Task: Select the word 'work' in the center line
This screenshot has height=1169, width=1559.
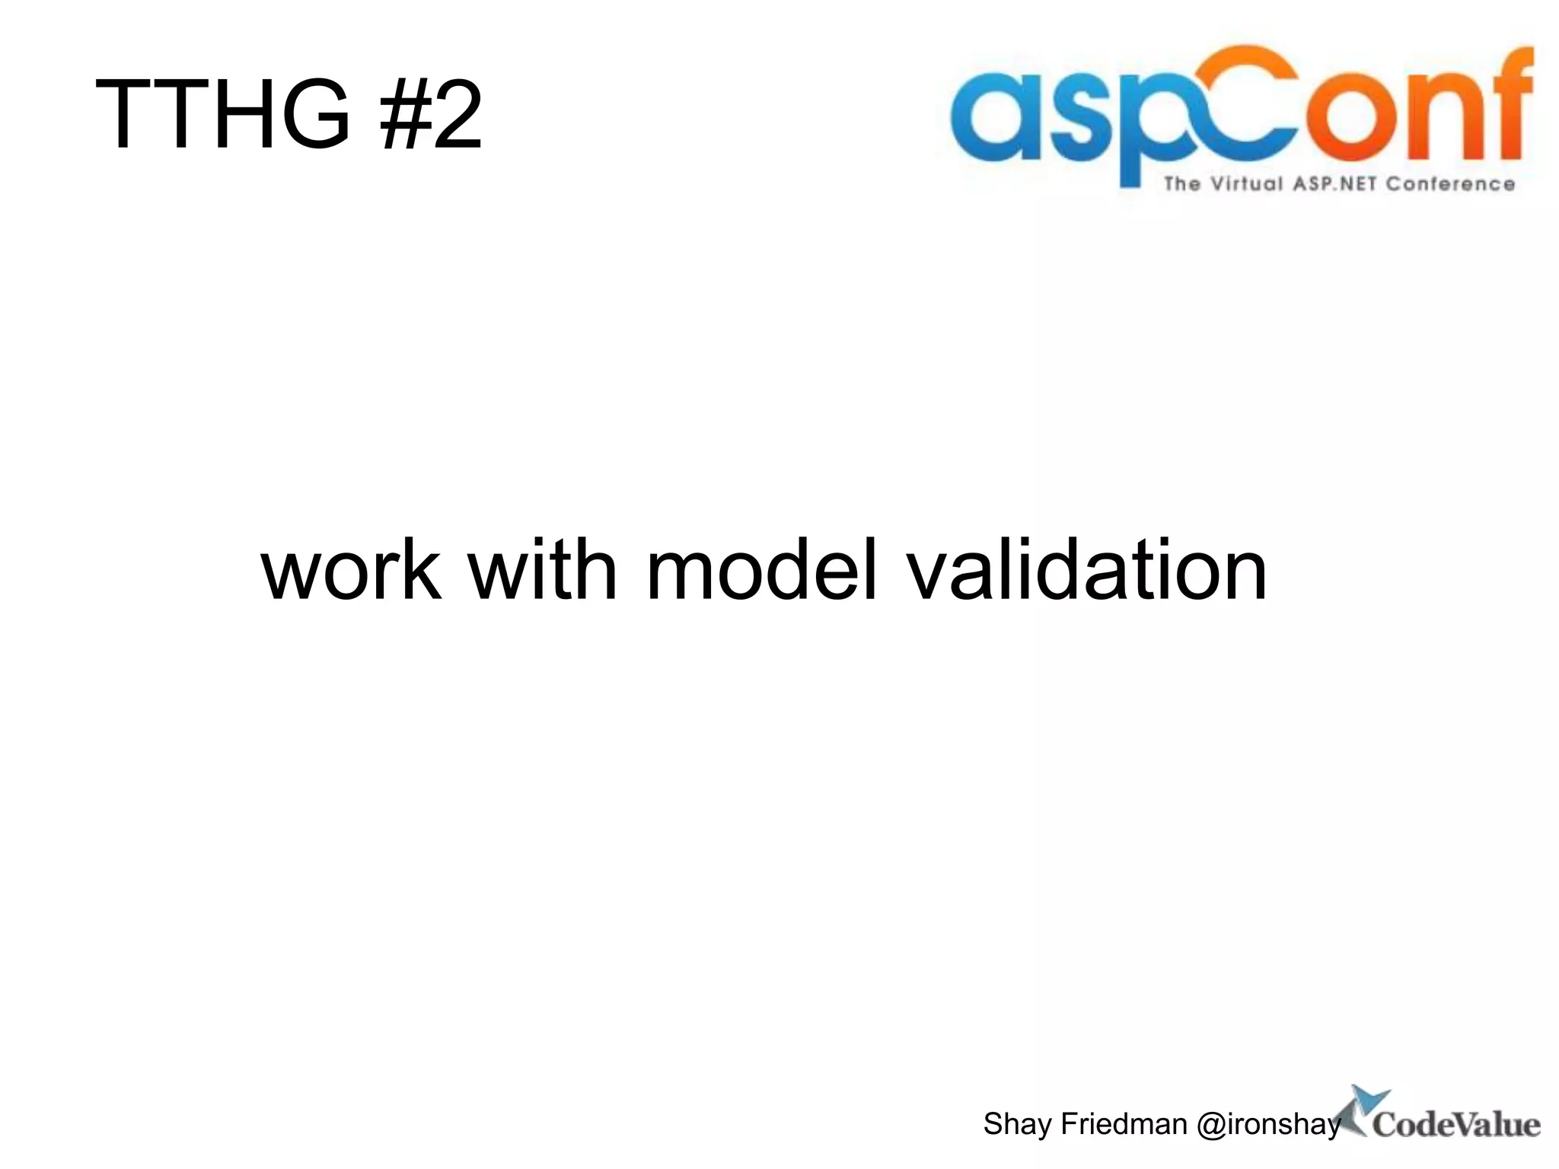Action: point(351,570)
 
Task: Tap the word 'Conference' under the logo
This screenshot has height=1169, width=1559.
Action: point(1450,184)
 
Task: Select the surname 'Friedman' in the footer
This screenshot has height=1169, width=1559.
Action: point(1124,1124)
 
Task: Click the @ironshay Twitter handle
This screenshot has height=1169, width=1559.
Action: point(1268,1124)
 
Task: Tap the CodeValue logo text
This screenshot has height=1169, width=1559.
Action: point(1455,1126)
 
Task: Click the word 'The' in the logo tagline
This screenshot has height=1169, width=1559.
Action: point(1181,184)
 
